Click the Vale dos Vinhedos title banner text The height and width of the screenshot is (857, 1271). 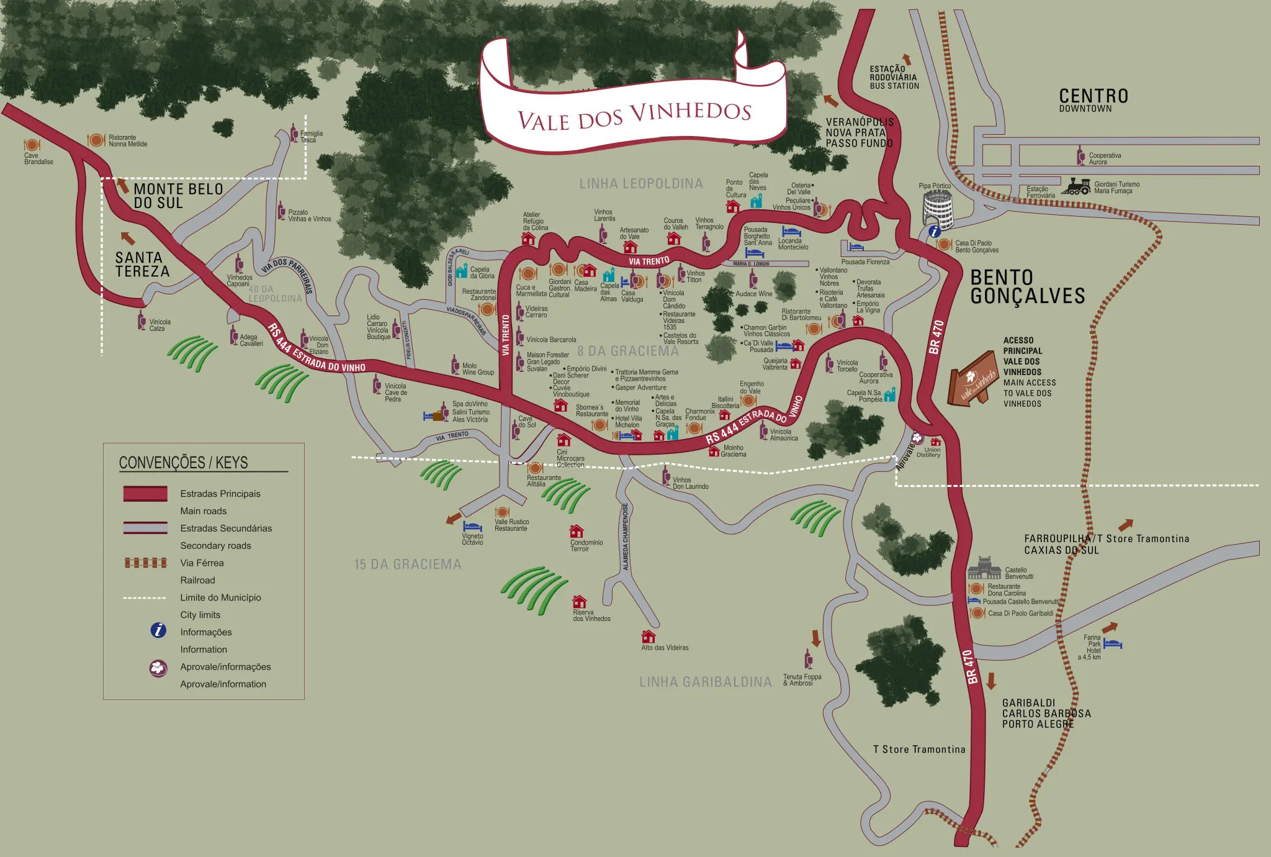tap(634, 116)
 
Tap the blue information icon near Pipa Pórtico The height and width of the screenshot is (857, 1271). tap(934, 232)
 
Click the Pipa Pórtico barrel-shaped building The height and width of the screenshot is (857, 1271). tap(938, 207)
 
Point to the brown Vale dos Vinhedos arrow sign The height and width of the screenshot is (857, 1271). tap(972, 379)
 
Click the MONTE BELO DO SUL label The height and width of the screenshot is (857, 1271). tap(177, 196)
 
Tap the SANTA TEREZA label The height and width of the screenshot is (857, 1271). tap(142, 265)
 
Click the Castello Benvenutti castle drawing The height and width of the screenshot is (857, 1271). tap(984, 568)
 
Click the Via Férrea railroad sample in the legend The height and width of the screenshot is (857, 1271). tap(146, 563)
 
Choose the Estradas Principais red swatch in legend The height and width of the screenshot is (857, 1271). tap(145, 494)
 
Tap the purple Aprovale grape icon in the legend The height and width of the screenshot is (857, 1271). tap(158, 668)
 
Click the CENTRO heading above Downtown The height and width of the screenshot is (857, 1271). tap(1093, 96)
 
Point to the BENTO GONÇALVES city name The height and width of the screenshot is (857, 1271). tap(1027, 287)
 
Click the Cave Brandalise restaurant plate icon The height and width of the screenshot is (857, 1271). tap(32, 145)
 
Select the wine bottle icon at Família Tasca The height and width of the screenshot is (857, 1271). tap(294, 132)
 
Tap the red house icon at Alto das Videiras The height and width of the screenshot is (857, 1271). tap(648, 637)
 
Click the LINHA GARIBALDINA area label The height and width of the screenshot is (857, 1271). tap(706, 682)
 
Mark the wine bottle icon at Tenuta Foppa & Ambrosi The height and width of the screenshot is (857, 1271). tap(808, 659)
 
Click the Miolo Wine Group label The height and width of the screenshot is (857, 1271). tap(477, 369)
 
